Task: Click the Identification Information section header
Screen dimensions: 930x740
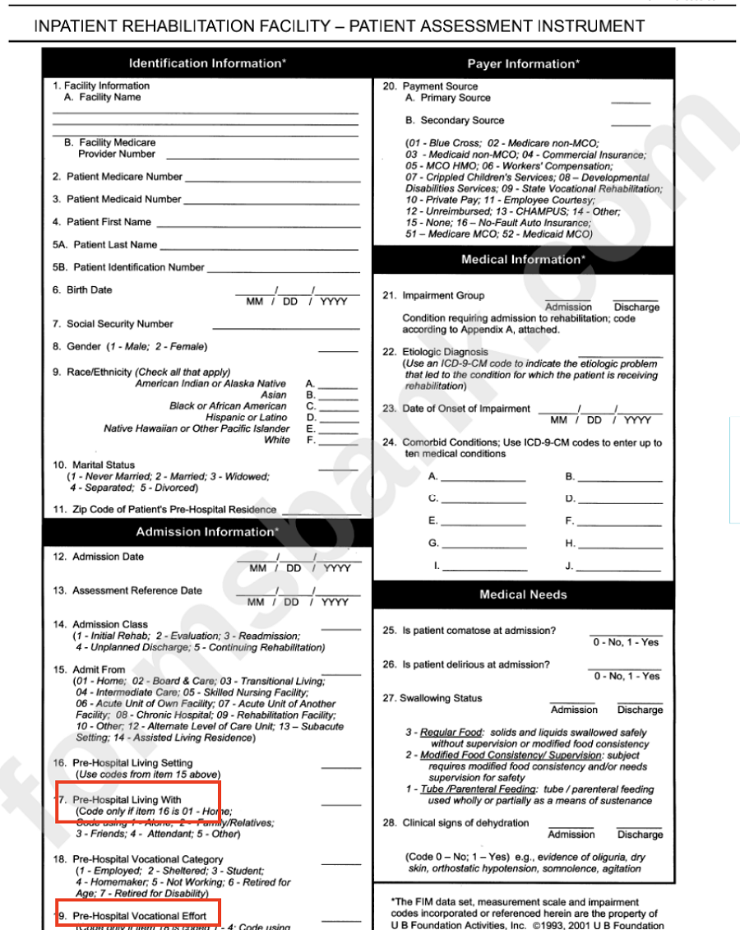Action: [207, 63]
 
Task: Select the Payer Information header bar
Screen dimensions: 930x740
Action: [523, 64]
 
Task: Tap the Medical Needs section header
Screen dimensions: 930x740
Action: [523, 595]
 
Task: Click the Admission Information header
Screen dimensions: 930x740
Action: [207, 532]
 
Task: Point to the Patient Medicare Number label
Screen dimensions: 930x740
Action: [124, 177]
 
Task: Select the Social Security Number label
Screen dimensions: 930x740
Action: [120, 324]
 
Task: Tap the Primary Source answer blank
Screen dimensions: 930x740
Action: [630, 101]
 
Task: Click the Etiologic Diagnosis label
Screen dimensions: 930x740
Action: [445, 352]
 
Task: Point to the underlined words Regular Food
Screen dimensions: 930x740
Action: [451, 733]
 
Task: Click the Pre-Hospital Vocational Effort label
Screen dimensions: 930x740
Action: [136, 916]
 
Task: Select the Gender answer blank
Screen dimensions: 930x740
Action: [338, 349]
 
